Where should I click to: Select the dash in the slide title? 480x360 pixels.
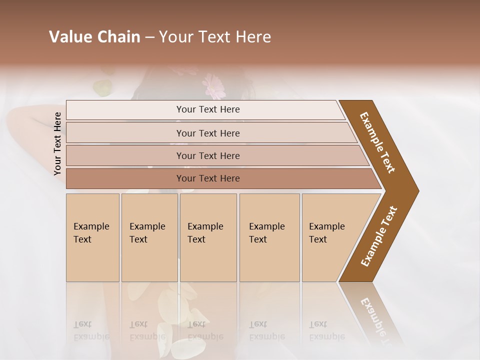click(149, 37)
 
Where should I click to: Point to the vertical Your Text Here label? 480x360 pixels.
click(57, 143)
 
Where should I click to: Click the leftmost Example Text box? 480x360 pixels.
click(92, 237)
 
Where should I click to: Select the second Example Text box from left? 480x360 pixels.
click(149, 237)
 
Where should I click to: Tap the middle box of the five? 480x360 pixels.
click(208, 237)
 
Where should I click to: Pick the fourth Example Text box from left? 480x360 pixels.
click(269, 237)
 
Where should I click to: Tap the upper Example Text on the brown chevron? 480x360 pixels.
click(377, 142)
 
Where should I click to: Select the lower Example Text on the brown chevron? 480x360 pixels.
click(379, 236)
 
